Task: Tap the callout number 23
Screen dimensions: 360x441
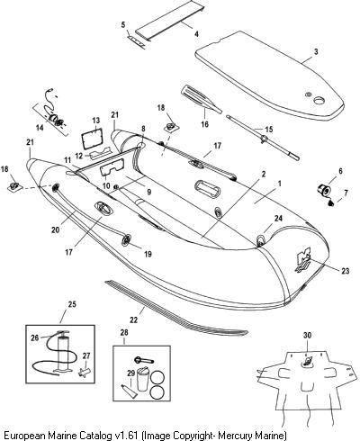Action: point(346,271)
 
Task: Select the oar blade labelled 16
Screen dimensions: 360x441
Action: point(202,99)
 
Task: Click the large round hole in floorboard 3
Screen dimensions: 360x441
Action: point(319,101)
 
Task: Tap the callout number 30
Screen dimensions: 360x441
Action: point(307,336)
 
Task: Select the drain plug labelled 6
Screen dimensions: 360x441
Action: point(324,190)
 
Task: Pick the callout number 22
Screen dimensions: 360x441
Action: point(133,319)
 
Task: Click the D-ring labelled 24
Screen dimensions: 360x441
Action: point(261,240)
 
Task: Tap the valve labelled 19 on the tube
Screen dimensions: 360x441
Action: point(126,239)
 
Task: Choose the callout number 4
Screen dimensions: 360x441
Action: point(196,34)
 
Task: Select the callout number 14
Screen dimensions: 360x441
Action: point(40,128)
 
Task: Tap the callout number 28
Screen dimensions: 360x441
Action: point(124,332)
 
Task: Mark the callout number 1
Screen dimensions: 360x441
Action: point(279,184)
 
